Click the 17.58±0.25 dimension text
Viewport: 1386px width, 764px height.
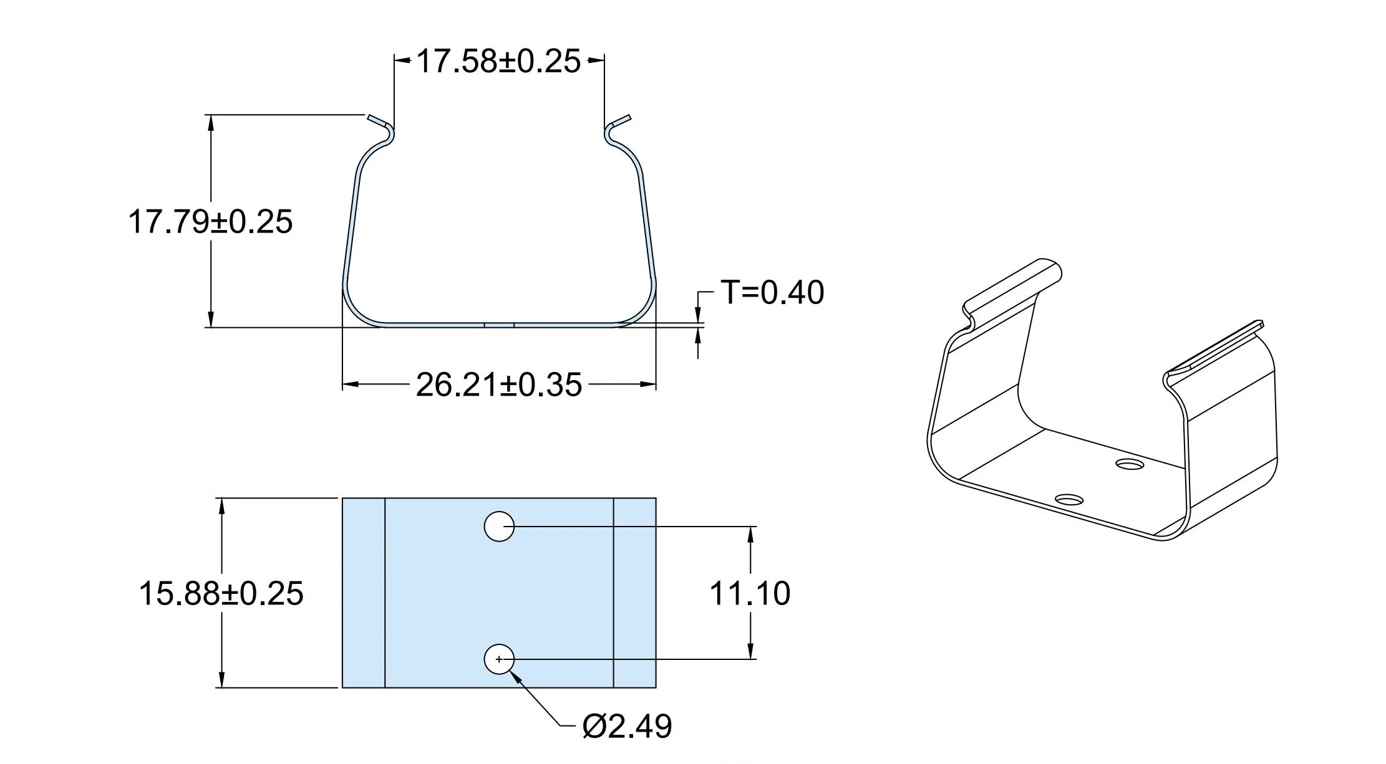(498, 62)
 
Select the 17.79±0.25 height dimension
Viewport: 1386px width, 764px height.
(210, 222)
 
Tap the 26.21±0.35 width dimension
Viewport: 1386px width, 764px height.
(499, 384)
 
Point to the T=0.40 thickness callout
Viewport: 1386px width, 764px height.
(772, 292)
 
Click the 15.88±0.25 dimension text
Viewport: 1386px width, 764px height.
(221, 593)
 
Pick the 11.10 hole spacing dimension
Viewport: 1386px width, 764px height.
(750, 593)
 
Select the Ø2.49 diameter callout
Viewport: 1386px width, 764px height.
(627, 726)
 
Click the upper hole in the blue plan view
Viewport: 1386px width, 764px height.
(499, 527)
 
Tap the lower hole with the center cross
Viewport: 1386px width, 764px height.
(499, 659)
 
